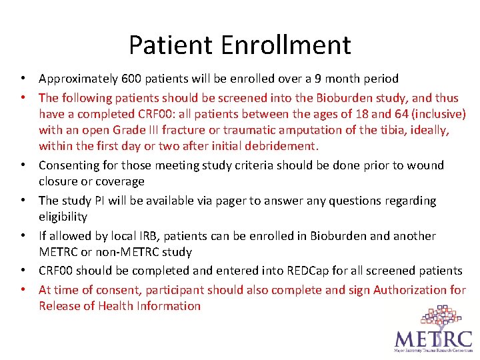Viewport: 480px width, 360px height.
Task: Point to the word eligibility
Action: (x=63, y=217)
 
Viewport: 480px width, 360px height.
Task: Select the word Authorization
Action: (x=411, y=290)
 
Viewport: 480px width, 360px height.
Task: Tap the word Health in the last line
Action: (x=116, y=306)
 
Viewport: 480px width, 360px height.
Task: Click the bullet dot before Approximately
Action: (x=23, y=79)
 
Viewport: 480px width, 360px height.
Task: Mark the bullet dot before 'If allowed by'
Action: (x=23, y=236)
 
